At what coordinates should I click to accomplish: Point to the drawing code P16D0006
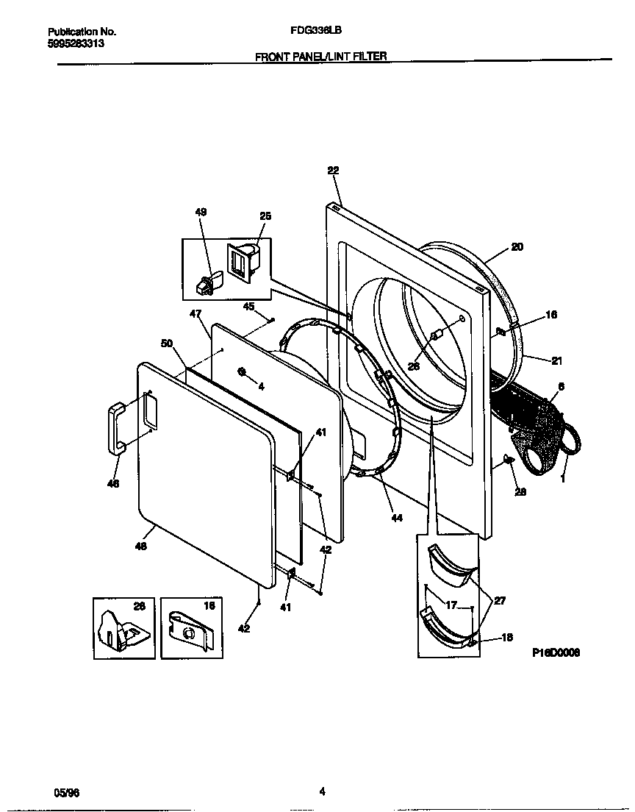pos(556,652)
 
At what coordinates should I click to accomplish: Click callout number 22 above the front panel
pos(333,170)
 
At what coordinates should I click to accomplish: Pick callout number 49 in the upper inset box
pos(201,212)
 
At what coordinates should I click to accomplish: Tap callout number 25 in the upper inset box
pos(265,216)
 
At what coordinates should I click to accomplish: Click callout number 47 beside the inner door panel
pos(195,313)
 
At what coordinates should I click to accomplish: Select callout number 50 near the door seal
pos(166,343)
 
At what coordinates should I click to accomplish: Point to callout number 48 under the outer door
pos(141,546)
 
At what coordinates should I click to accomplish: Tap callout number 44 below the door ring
pos(396,518)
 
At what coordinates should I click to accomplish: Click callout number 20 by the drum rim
pos(517,247)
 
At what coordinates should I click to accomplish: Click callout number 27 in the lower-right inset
pos(499,600)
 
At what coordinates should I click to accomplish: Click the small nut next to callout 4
pos(242,371)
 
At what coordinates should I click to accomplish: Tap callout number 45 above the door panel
pos(248,306)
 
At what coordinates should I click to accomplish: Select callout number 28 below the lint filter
pos(520,491)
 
